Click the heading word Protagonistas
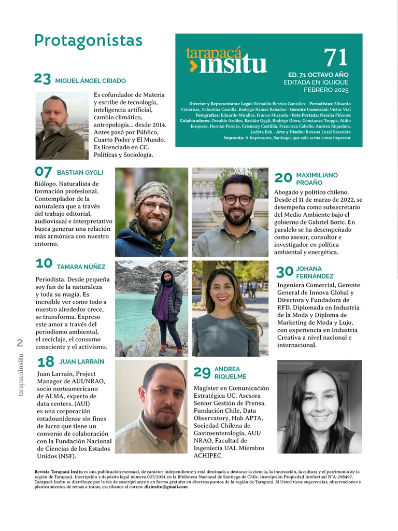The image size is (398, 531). (88, 40)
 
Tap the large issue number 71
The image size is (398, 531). (335, 57)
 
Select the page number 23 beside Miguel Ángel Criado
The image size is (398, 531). (42, 79)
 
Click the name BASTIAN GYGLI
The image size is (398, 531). (80, 172)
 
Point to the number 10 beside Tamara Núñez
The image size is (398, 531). (44, 264)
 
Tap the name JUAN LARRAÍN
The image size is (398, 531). (81, 361)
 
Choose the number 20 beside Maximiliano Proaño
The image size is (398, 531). (283, 178)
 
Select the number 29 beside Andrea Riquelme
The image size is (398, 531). (202, 372)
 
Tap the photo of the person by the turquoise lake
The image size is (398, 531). (151, 308)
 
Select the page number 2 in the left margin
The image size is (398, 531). (20, 342)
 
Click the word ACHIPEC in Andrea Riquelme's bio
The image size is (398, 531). (208, 456)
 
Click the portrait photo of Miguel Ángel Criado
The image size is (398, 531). (62, 125)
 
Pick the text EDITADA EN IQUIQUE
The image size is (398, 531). (316, 82)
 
